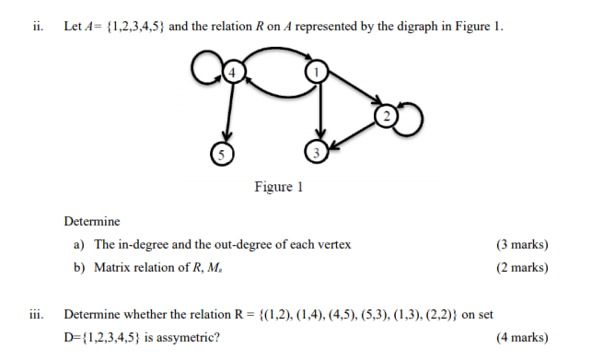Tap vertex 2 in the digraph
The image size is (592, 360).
[x=387, y=116]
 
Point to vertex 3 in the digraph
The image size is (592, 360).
[x=317, y=152]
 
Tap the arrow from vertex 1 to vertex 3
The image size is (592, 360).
[x=319, y=110]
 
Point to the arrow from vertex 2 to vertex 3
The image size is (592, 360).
[x=354, y=133]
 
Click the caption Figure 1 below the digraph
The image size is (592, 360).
[x=279, y=188]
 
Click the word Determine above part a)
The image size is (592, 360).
[x=92, y=222]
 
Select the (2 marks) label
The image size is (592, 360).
[x=522, y=268]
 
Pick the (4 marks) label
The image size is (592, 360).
[x=522, y=337]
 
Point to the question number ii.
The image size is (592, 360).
[x=38, y=27]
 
